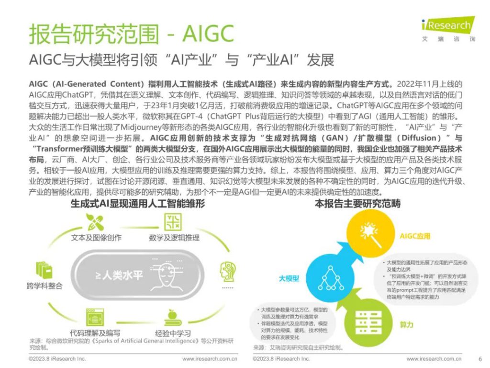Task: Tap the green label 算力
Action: click(x=407, y=324)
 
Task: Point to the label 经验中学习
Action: click(x=173, y=333)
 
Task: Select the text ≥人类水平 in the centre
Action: click(x=115, y=276)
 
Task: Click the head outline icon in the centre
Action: click(x=161, y=276)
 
